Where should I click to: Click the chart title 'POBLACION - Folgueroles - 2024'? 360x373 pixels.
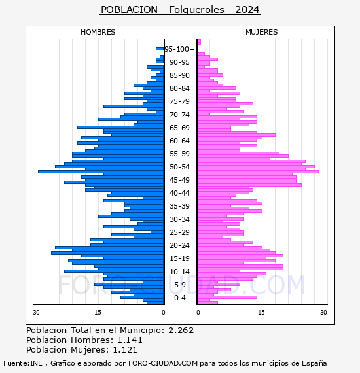(x=180, y=10)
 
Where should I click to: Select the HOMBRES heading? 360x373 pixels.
(x=98, y=32)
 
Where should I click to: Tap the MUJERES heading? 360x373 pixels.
(x=262, y=32)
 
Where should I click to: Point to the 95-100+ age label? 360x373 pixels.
(x=179, y=49)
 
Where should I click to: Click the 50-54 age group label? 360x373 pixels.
(x=179, y=167)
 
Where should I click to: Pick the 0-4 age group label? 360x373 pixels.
(x=179, y=298)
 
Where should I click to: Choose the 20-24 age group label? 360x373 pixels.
(x=179, y=245)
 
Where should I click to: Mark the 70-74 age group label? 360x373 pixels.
(x=179, y=115)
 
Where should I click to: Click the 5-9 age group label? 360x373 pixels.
(x=179, y=285)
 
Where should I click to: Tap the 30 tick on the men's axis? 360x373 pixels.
(x=36, y=313)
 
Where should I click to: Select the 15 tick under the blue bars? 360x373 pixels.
(x=98, y=313)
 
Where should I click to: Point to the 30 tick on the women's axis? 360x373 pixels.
(x=323, y=313)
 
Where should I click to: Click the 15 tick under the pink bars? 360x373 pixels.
(x=261, y=313)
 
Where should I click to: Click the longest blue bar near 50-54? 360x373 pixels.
(x=101, y=171)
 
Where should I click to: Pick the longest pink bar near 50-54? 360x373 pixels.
(x=258, y=171)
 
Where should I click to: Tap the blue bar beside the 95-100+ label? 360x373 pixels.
(x=160, y=49)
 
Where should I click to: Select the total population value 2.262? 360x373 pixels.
(x=181, y=330)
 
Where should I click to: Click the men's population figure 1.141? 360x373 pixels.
(x=130, y=340)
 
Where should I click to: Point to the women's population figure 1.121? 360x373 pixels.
(x=125, y=350)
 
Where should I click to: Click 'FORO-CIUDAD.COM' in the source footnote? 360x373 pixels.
(x=163, y=363)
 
